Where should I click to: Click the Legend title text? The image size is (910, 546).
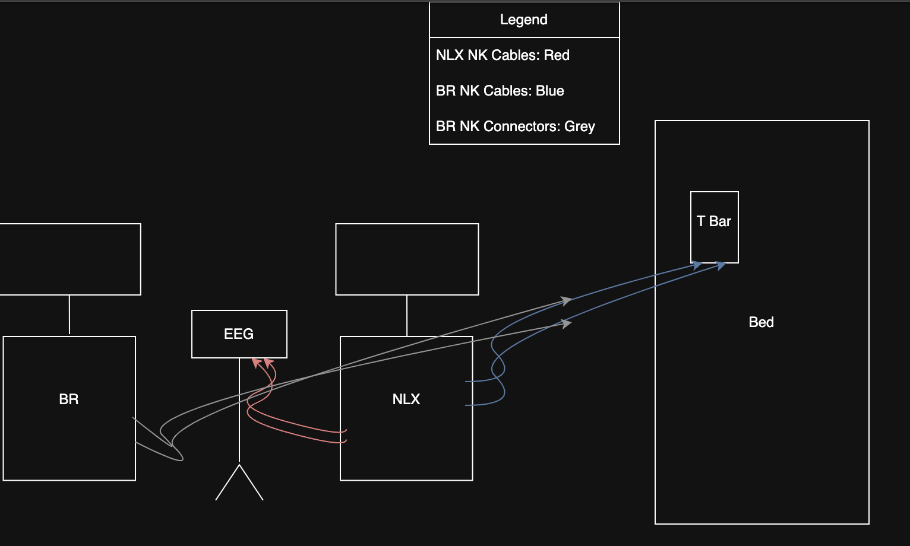pyautogui.click(x=523, y=20)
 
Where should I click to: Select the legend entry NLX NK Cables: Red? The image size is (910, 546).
pyautogui.click(x=503, y=55)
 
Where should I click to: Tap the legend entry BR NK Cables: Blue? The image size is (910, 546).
pyautogui.click(x=500, y=91)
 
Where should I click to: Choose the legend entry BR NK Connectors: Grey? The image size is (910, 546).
pyautogui.click(x=515, y=126)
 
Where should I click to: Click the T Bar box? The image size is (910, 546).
pyautogui.click(x=714, y=227)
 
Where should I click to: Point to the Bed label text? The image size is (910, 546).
pyautogui.click(x=761, y=322)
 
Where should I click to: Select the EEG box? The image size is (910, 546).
pyautogui.click(x=239, y=334)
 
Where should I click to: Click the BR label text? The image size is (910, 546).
pyautogui.click(x=69, y=399)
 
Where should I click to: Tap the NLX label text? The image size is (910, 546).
pyautogui.click(x=406, y=399)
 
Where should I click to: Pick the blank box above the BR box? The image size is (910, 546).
pyautogui.click(x=69, y=259)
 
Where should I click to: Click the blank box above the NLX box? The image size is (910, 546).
pyautogui.click(x=407, y=259)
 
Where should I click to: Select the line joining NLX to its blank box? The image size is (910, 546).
pyautogui.click(x=407, y=316)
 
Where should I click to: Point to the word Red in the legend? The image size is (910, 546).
pyautogui.click(x=557, y=55)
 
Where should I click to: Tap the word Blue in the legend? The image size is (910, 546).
pyautogui.click(x=549, y=91)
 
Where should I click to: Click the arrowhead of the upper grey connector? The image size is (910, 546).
pyautogui.click(x=567, y=301)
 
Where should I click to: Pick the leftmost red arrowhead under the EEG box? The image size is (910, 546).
pyautogui.click(x=256, y=362)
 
